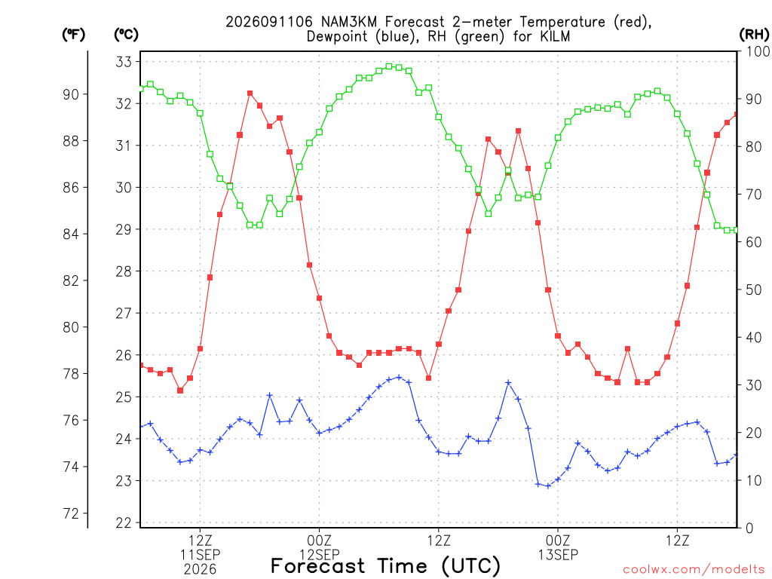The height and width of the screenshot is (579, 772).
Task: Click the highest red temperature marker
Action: (x=250, y=93)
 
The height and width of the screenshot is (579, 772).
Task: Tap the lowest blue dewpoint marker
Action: (x=548, y=486)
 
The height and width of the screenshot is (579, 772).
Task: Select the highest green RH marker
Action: (x=389, y=66)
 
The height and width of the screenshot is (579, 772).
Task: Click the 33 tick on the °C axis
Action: (x=124, y=62)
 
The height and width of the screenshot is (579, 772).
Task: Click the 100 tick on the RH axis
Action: (x=758, y=51)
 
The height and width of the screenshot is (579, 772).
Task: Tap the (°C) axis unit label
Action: (x=127, y=35)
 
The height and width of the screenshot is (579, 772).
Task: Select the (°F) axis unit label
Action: (x=73, y=35)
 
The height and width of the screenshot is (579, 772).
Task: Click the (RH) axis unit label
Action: (x=754, y=35)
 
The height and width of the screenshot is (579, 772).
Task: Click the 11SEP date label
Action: (x=200, y=555)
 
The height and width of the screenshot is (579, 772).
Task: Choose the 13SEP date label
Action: (x=558, y=555)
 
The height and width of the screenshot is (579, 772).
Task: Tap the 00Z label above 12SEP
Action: (x=319, y=541)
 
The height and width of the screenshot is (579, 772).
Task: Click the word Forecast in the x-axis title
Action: (x=318, y=565)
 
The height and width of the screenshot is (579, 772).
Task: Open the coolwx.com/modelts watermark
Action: (x=694, y=570)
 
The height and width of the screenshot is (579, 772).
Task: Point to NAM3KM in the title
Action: (x=348, y=22)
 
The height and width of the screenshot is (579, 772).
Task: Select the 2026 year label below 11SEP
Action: (x=200, y=570)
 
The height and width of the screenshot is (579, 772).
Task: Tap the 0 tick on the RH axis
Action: (x=749, y=528)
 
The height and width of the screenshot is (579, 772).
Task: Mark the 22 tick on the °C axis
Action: (x=124, y=523)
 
